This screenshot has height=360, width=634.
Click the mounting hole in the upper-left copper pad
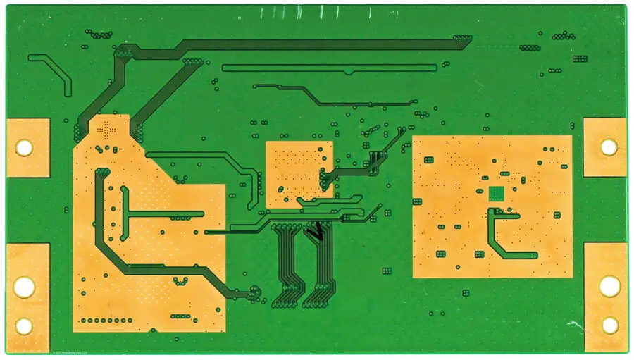tap(24, 148)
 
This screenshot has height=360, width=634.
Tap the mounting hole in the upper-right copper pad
tap(609, 147)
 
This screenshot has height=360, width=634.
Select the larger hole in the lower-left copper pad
tap(24, 286)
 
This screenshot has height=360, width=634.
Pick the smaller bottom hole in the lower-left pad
tap(24, 325)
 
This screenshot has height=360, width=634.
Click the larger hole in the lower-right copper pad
tap(609, 285)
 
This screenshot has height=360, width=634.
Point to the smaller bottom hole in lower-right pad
tap(609, 325)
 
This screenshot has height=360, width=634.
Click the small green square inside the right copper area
tap(497, 193)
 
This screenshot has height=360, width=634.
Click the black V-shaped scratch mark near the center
tap(316, 230)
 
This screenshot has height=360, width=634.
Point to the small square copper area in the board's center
tap(299, 173)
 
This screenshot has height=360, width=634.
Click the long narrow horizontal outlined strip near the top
tap(329, 68)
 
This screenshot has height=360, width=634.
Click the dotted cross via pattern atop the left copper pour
tap(106, 129)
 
